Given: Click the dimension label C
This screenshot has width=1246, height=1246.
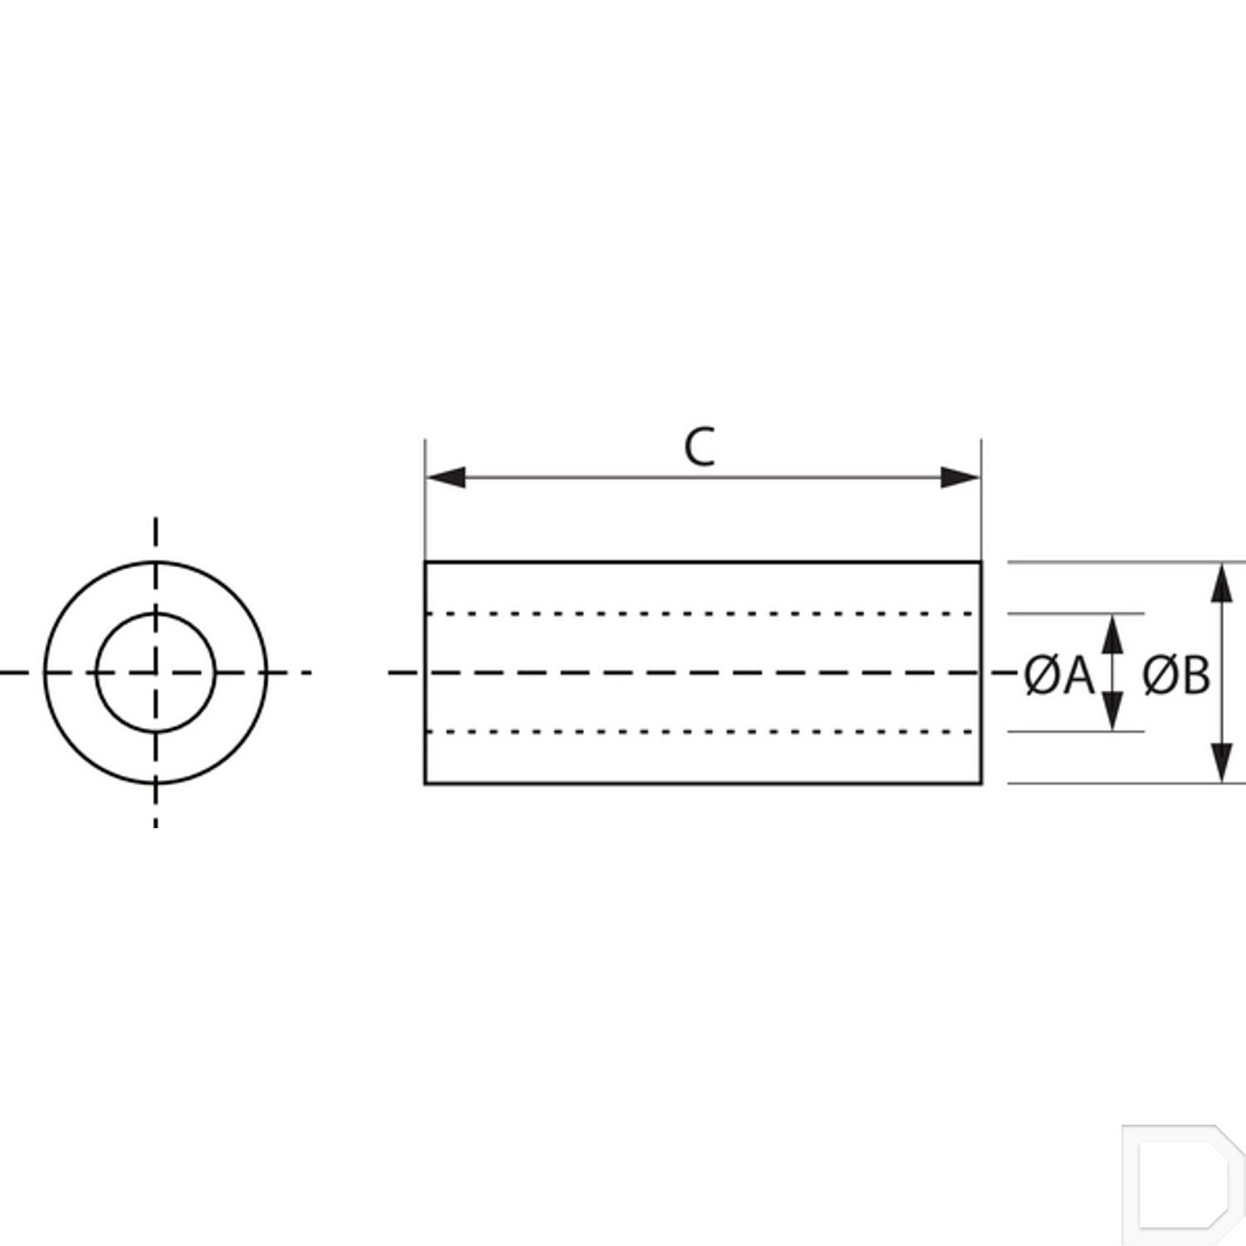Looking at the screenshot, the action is tap(699, 448).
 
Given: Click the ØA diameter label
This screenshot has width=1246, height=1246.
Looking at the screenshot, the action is tap(1059, 675).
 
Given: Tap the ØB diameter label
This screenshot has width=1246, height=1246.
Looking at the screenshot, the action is tap(1176, 675).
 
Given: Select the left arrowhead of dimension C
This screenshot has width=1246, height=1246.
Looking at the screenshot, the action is tap(445, 478).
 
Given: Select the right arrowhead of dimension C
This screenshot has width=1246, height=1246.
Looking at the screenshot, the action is tap(960, 478).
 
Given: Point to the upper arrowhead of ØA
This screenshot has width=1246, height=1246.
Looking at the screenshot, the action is tap(1113, 634).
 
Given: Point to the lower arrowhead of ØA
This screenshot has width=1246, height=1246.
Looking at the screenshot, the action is tap(1113, 712).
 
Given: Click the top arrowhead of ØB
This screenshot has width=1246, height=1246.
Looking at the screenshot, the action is tap(1221, 582).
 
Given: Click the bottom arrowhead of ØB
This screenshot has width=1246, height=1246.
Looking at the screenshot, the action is tap(1221, 763).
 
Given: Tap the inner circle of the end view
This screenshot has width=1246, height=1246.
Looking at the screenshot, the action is tap(156, 614).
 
